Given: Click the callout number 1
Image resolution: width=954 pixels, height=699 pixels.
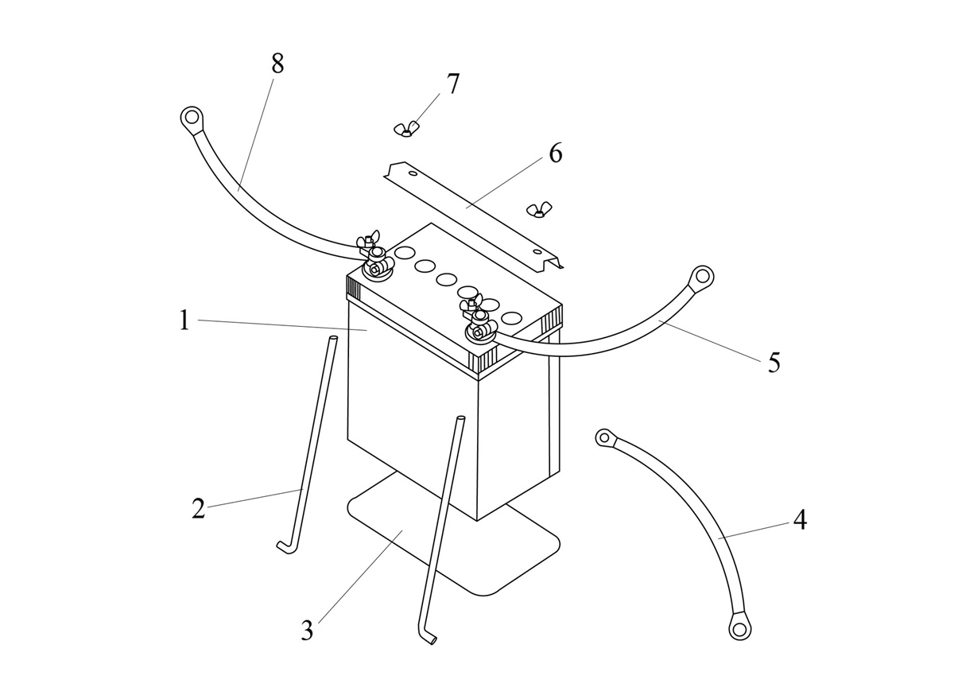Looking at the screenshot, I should click(184, 320).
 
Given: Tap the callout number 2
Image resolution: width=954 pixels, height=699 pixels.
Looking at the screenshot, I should click(198, 508).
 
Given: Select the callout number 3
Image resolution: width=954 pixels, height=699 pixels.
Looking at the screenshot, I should click(307, 631).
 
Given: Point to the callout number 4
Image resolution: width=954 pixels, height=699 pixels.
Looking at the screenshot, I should click(800, 521).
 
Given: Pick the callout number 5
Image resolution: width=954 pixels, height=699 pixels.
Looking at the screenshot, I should click(774, 363).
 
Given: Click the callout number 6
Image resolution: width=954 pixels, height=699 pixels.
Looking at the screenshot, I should click(555, 153).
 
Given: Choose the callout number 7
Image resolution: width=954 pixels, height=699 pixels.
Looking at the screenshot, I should click(452, 84).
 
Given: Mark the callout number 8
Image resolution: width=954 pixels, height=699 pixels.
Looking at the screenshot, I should click(277, 64).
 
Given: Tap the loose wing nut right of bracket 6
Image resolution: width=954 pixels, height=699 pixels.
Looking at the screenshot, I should click(538, 210).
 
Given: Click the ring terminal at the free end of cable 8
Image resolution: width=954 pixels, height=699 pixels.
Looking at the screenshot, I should click(191, 119).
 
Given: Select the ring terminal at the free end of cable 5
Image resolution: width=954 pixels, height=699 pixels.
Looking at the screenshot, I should click(701, 278).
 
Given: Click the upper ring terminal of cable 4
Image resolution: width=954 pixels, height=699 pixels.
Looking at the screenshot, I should click(605, 437).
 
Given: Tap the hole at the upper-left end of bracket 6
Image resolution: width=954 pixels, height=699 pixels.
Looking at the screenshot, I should click(413, 173).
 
